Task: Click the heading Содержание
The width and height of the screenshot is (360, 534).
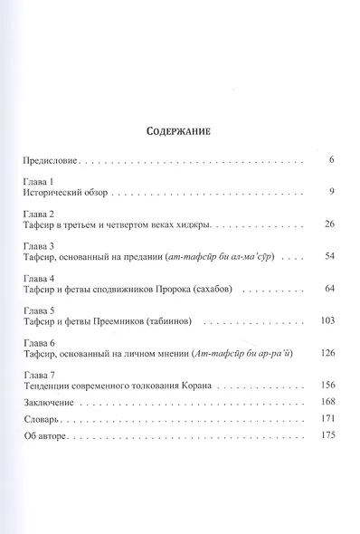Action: [x=179, y=130]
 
